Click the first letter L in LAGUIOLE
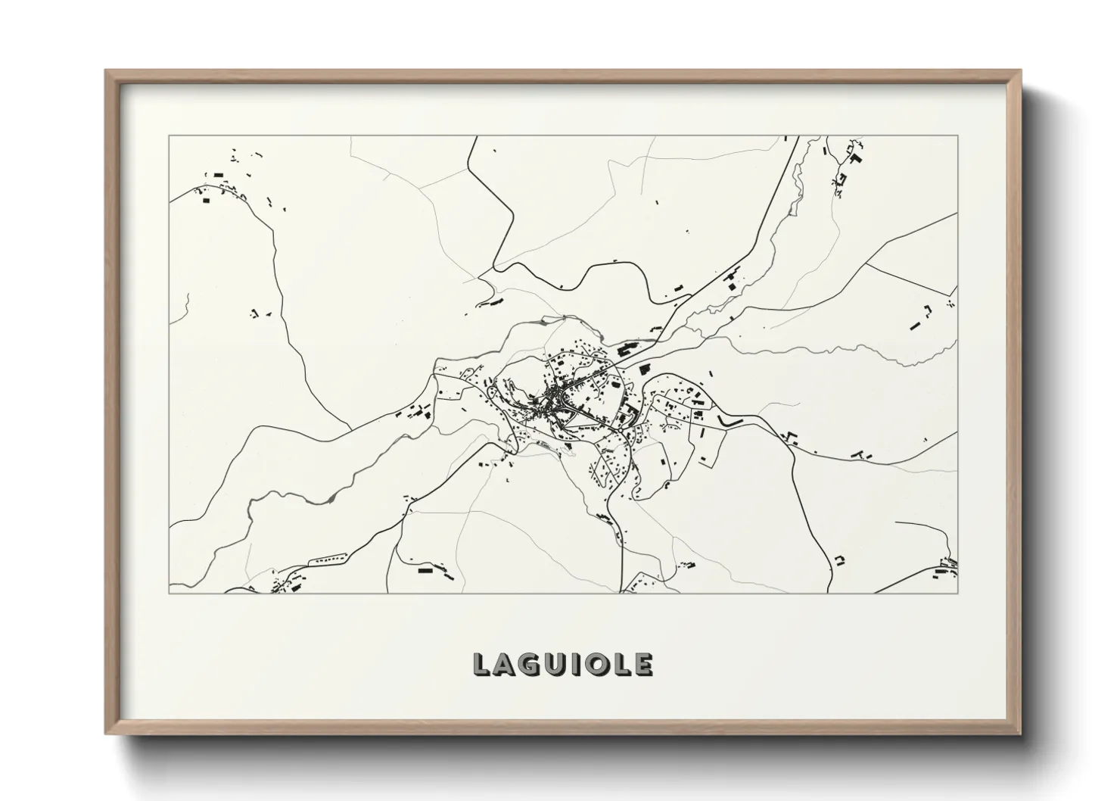(x=482, y=665)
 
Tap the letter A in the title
(x=506, y=665)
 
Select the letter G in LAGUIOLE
(x=531, y=665)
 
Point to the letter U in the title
(x=556, y=665)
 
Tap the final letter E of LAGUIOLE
(x=642, y=665)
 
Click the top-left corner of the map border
(x=169, y=136)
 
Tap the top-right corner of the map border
(x=958, y=136)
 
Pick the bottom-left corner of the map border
(x=169, y=593)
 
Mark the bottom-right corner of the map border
(x=958, y=593)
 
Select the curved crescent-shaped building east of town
(x=726, y=419)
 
